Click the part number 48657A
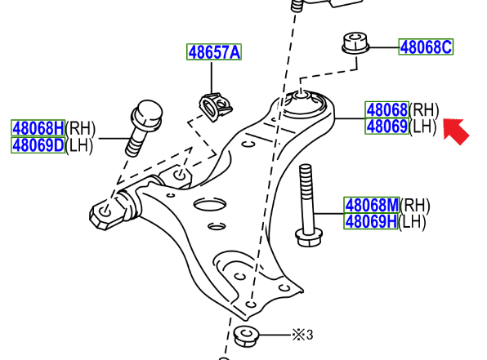pyautogui.click(x=214, y=51)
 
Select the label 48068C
pyautogui.click(x=426, y=47)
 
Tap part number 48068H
pyautogui.click(x=38, y=128)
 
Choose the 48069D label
pyautogui.click(x=38, y=145)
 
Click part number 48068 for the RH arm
pyautogui.click(x=386, y=109)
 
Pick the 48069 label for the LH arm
pyautogui.click(x=386, y=126)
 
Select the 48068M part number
pyautogui.click(x=372, y=205)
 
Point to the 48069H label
pyautogui.click(x=371, y=221)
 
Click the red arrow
pyautogui.click(x=456, y=131)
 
